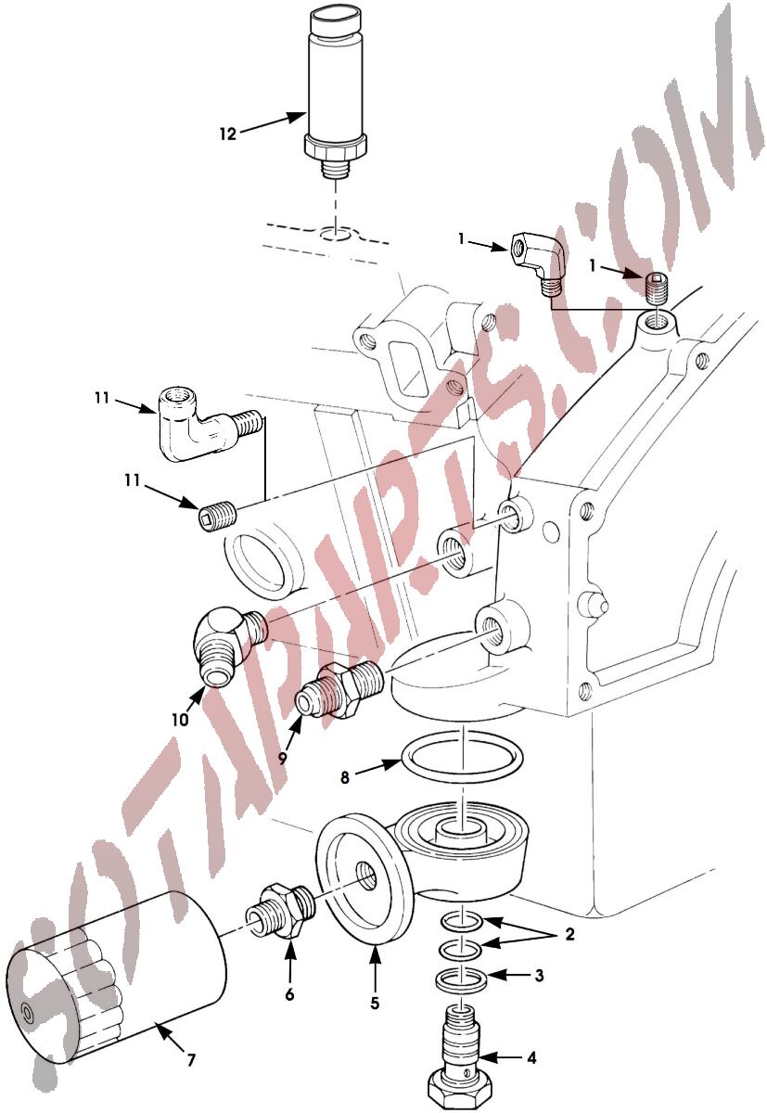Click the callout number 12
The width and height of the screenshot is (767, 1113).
point(227,134)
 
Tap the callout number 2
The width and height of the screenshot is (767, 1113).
point(569,934)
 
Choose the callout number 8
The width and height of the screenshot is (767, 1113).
point(345,777)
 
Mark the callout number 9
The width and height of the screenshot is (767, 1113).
point(283,759)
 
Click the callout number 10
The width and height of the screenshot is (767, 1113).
point(181,719)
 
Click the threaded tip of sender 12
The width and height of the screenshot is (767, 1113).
point(336,171)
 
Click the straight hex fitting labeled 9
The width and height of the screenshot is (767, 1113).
point(339,690)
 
